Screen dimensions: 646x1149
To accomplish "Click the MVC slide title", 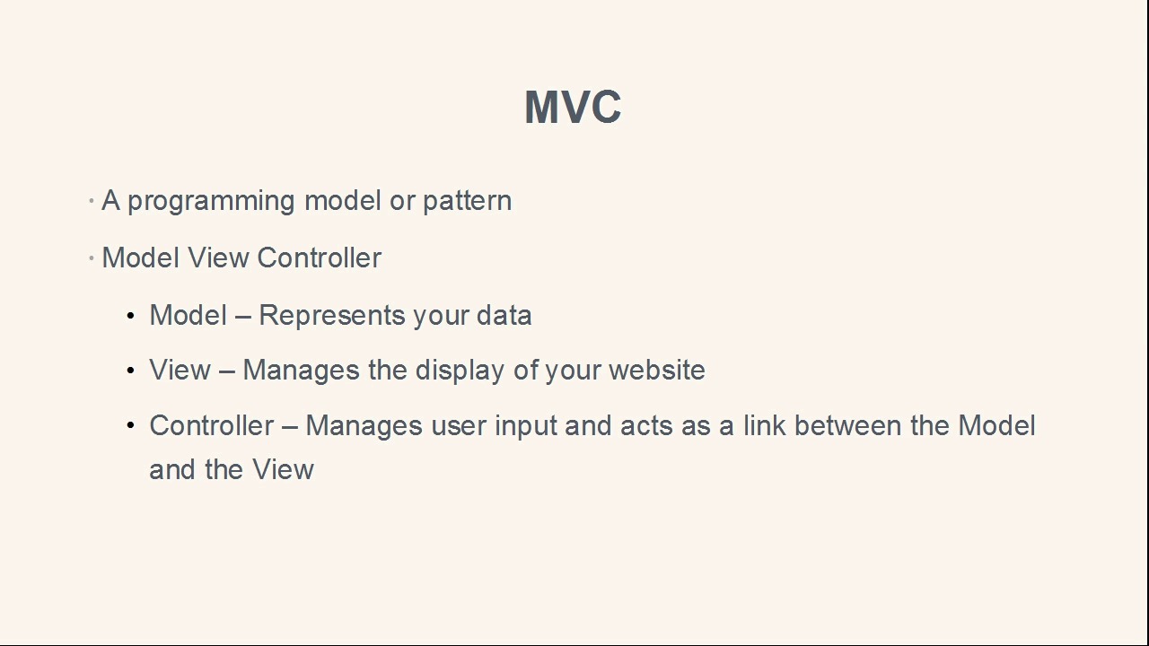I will [573, 108].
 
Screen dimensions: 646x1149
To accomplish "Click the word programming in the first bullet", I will [211, 201].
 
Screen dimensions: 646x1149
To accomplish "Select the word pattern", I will [467, 201].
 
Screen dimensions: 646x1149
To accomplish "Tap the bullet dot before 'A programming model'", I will [92, 201].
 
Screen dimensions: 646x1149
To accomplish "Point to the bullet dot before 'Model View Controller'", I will [92, 258].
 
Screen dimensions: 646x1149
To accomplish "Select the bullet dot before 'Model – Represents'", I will [131, 316].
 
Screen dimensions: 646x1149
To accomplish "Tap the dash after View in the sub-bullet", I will [226, 371].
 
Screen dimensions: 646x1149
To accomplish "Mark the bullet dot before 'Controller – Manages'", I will [131, 425].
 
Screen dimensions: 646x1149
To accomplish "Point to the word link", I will [764, 425].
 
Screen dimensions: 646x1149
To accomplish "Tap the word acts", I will [646, 426].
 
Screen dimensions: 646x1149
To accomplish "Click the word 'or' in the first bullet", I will [401, 201].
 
